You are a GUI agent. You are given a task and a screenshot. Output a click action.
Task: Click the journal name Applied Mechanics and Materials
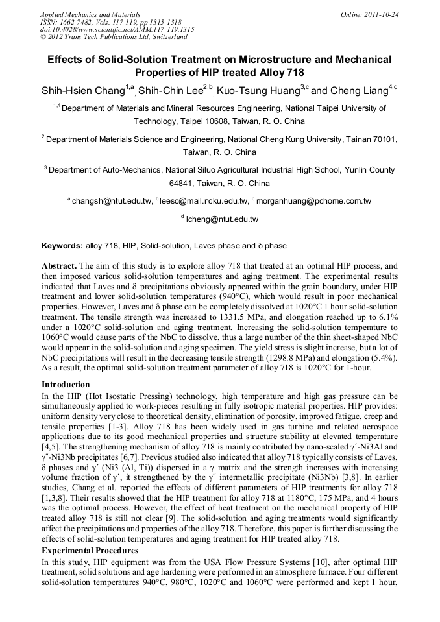coord(90,14)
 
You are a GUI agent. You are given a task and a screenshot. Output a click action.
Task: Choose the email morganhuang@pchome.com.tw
coord(313,201)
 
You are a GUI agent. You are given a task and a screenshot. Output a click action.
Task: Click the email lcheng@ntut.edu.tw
coord(222,219)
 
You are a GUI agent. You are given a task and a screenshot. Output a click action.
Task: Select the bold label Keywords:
coord(62,246)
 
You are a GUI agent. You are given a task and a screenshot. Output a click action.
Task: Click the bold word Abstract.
coord(60,267)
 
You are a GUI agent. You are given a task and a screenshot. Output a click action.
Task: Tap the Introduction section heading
coord(66,385)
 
